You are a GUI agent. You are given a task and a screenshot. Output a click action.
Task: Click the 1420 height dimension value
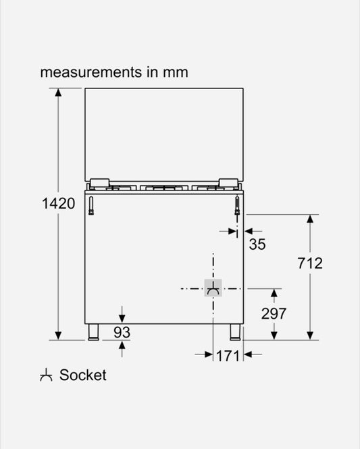point(58,203)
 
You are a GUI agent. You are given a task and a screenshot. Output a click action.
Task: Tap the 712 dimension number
point(310,263)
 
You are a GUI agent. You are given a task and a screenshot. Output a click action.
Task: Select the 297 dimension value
point(274,313)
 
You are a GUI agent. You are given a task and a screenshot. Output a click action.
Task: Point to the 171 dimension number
point(228,355)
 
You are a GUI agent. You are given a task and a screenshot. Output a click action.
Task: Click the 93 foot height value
point(122,332)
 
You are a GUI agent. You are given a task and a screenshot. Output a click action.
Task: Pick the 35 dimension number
point(257,244)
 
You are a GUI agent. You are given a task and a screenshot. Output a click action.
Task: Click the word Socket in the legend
point(83,375)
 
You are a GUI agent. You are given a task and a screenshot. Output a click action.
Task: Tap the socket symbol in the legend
point(46,375)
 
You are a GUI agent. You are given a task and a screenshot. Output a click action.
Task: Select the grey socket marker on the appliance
point(213,288)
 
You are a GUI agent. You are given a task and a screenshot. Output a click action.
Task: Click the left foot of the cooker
point(93,332)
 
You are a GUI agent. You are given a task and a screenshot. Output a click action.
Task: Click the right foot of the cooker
point(235,332)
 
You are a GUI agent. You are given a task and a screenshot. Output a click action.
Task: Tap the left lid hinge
point(99,182)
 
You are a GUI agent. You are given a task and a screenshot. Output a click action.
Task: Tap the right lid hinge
point(228,182)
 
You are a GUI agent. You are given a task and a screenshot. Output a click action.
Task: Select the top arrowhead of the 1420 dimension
point(58,93)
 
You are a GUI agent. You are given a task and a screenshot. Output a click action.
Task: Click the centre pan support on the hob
point(164,187)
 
